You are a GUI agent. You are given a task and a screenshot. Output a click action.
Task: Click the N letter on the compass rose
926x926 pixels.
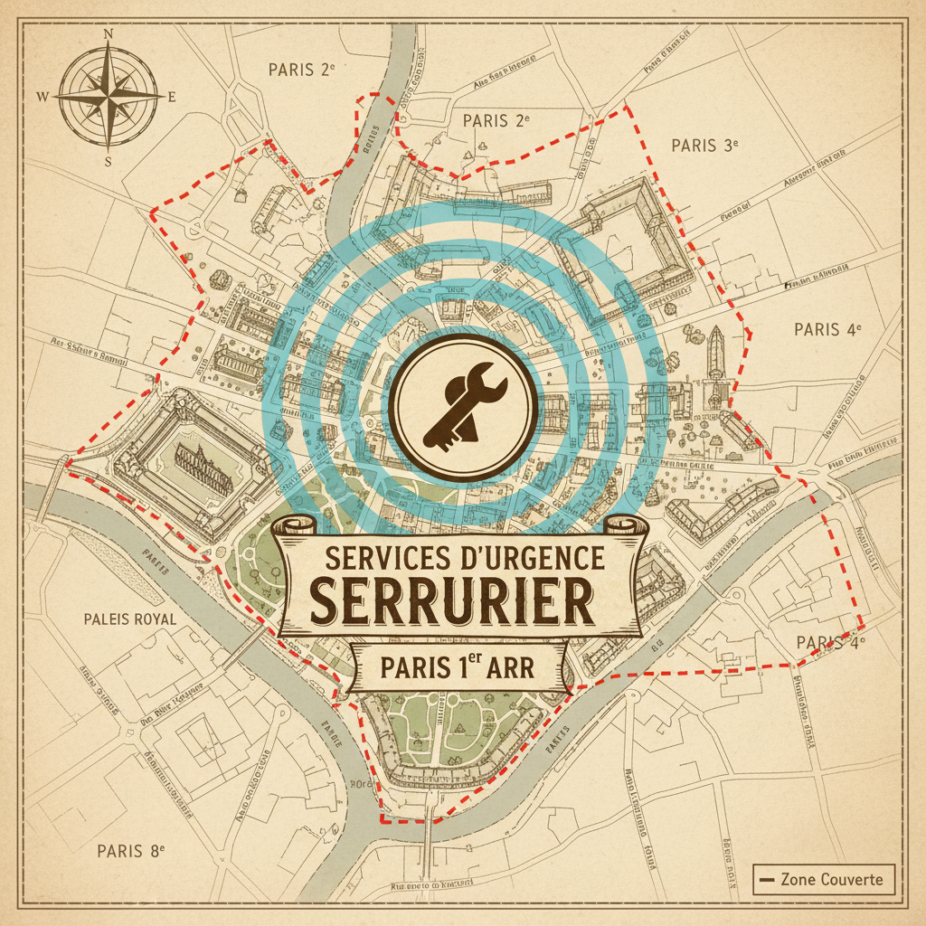(109, 34)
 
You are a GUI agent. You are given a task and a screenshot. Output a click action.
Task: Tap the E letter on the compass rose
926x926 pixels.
(172, 97)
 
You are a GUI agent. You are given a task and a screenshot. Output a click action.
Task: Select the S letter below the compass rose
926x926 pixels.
(108, 162)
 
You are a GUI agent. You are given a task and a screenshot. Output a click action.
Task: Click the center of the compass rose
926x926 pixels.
(108, 95)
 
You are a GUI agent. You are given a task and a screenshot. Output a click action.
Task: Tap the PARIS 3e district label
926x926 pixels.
(705, 145)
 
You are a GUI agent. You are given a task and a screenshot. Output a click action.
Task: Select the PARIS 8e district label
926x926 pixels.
(131, 851)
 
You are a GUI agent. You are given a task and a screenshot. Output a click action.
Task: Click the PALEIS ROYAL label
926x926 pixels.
(129, 619)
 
